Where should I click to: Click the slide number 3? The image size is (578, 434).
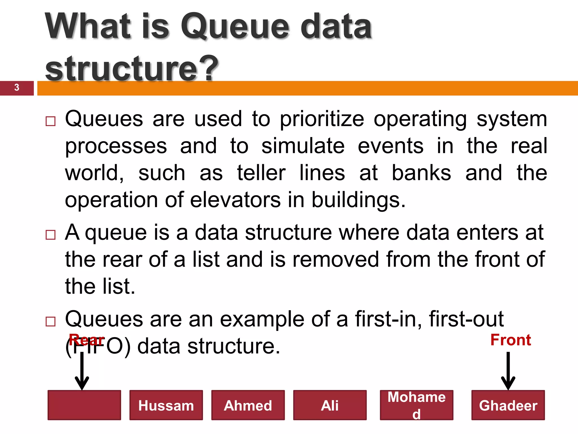coord(17,87)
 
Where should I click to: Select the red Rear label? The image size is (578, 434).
coord(87,340)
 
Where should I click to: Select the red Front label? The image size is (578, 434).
coord(511,340)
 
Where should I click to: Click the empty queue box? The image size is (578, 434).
coord(84,405)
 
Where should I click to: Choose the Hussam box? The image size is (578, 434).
coord(166,405)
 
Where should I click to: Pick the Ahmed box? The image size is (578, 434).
coord(248,405)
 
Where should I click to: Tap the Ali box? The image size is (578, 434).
coord(330,405)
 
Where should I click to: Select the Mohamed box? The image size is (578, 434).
coord(416,405)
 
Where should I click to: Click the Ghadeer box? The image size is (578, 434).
coord(508,405)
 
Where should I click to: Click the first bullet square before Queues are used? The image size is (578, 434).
coord(51,121)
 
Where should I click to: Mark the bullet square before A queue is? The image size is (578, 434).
coord(51,235)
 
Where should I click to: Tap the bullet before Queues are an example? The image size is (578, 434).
coord(51,322)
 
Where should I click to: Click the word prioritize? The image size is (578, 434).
coord(322,119)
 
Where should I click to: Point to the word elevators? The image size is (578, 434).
coord(235,200)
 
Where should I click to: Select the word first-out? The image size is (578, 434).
coord(466,319)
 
